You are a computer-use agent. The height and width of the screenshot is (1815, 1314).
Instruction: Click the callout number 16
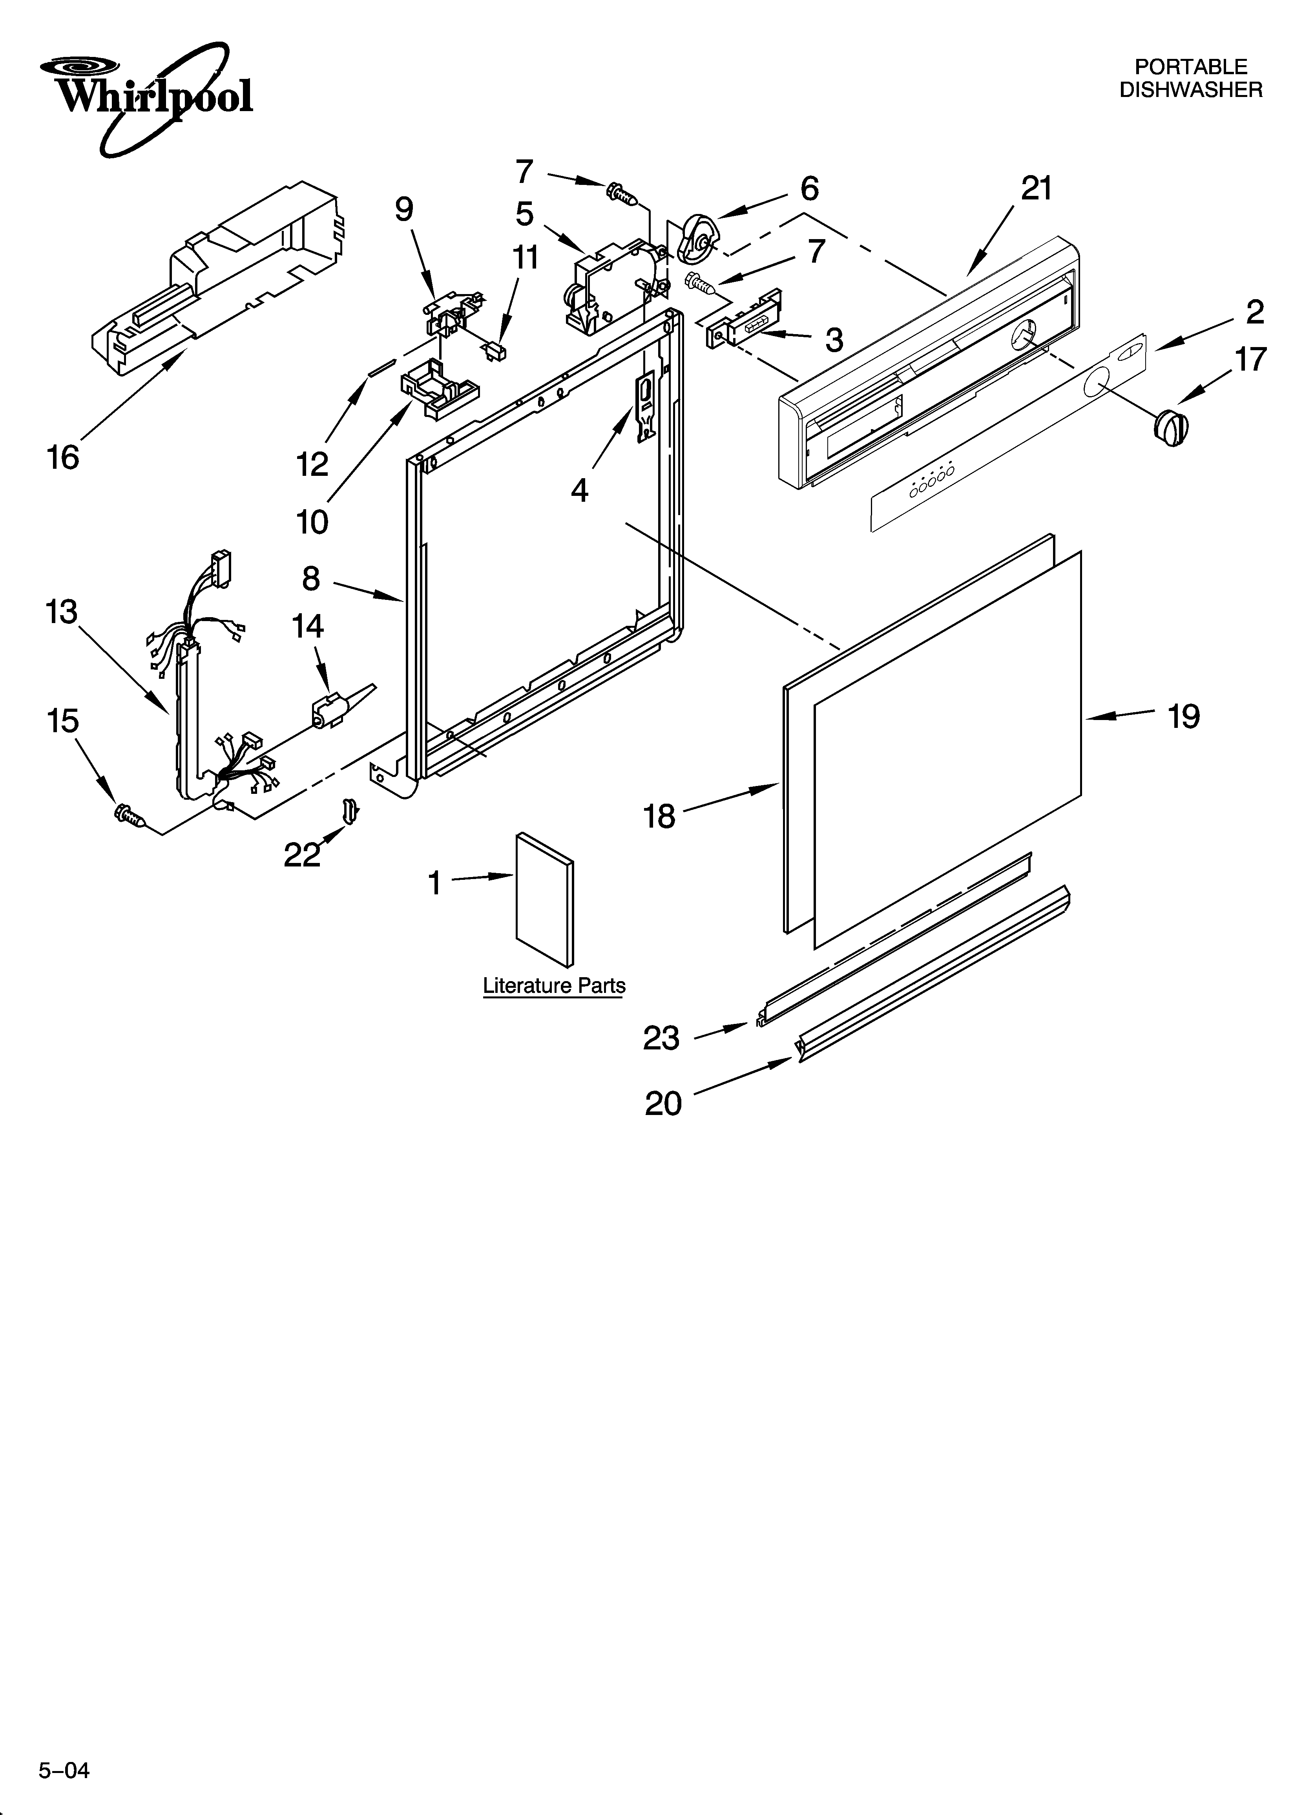pos(62,458)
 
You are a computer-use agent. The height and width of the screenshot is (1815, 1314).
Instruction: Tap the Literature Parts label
pos(554,986)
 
